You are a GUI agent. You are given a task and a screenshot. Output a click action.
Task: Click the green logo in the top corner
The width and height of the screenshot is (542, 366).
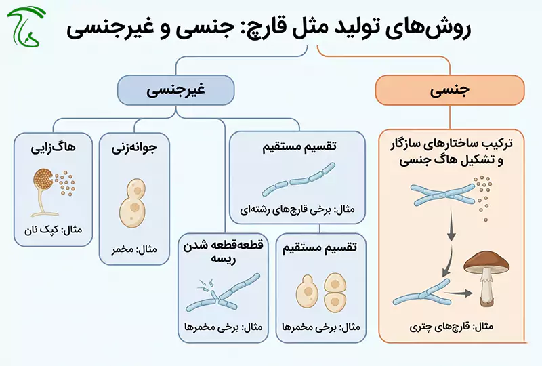(x=26, y=26)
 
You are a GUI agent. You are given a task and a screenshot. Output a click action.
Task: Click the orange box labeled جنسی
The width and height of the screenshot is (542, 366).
(x=450, y=90)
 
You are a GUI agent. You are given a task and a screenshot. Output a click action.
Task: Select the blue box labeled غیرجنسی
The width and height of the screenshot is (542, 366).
(x=175, y=90)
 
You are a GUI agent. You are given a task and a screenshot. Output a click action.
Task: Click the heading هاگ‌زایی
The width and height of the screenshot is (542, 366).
(x=54, y=148)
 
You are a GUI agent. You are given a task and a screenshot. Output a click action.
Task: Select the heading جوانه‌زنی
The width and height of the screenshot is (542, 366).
(x=134, y=148)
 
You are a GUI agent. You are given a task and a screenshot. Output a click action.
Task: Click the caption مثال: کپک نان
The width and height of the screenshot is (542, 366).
(x=54, y=230)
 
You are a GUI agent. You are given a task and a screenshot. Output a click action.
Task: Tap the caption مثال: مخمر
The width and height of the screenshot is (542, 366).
(x=134, y=249)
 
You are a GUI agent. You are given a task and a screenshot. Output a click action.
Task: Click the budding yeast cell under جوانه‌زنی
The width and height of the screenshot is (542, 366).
(x=132, y=203)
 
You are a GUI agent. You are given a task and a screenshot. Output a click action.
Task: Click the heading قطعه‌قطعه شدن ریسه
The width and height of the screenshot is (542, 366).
(x=224, y=252)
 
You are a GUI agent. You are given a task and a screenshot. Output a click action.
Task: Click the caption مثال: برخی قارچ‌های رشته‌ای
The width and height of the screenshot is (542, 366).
(x=297, y=210)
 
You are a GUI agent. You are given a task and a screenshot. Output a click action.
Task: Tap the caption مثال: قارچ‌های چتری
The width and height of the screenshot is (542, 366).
(x=451, y=327)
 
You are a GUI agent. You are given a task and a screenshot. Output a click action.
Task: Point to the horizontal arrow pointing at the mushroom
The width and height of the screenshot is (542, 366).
(x=459, y=293)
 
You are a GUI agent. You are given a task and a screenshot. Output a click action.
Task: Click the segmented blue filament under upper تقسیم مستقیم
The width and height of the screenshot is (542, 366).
(x=299, y=179)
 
